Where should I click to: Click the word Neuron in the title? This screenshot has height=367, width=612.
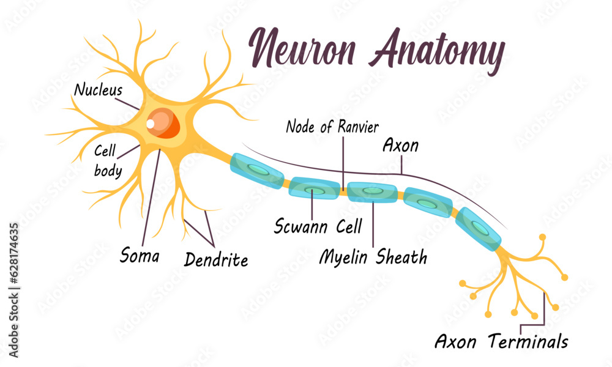(x=301, y=48)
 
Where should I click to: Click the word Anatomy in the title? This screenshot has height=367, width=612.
(x=436, y=49)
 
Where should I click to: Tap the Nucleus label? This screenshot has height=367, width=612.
(x=98, y=90)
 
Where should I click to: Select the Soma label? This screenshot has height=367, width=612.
(x=140, y=254)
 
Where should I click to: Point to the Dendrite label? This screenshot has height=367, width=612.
(x=216, y=259)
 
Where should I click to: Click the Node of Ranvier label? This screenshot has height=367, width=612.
(x=333, y=127)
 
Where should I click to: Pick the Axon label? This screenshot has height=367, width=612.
(x=400, y=146)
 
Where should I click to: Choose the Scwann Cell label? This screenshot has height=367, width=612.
(x=318, y=226)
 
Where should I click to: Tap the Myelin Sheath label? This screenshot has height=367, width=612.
(x=373, y=257)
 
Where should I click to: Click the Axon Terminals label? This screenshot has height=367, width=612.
(x=501, y=341)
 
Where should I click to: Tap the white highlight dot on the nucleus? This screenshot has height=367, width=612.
(x=151, y=124)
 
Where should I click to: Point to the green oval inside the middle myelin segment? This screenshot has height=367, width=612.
(x=371, y=191)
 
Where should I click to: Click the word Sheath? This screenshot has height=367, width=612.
(x=401, y=257)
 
